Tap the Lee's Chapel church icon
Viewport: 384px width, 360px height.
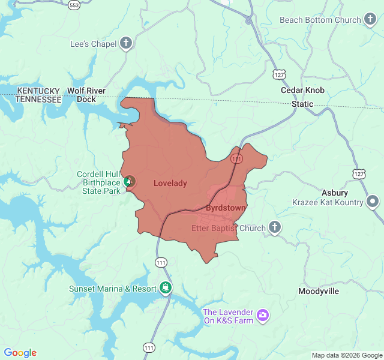pyautogui.click(x=126, y=43)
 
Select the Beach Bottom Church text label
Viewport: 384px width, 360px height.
pyautogui.click(x=320, y=20)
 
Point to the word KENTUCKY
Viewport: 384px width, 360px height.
pyautogui.click(x=38, y=91)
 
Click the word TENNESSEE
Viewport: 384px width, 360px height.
pyautogui.click(x=38, y=99)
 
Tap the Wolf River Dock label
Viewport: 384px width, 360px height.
pyautogui.click(x=86, y=95)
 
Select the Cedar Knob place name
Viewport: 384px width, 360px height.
pyautogui.click(x=302, y=91)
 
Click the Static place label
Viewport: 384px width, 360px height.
pyautogui.click(x=302, y=104)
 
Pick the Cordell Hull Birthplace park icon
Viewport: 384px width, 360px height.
pyautogui.click(x=128, y=180)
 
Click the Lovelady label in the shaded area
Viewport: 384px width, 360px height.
pyautogui.click(x=170, y=183)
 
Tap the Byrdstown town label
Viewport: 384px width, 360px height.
pyautogui.click(x=226, y=208)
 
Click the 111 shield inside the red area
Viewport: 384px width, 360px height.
pyautogui.click(x=236, y=158)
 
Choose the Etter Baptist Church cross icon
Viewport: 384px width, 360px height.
pyautogui.click(x=274, y=227)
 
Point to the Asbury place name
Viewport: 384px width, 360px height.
pyautogui.click(x=334, y=193)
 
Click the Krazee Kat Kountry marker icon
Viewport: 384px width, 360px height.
pyautogui.click(x=373, y=202)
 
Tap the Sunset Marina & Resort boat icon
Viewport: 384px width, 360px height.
pyautogui.click(x=166, y=288)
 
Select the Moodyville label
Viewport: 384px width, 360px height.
pyautogui.click(x=319, y=291)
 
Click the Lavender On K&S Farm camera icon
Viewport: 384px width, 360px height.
pyautogui.click(x=262, y=315)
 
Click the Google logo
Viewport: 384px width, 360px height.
pyautogui.click(x=20, y=353)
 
